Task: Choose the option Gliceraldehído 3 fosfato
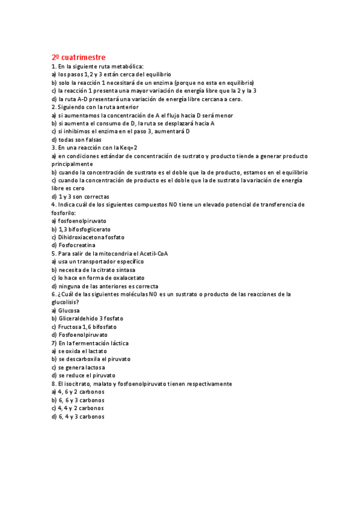point(87,318)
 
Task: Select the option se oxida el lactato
point(79,351)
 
